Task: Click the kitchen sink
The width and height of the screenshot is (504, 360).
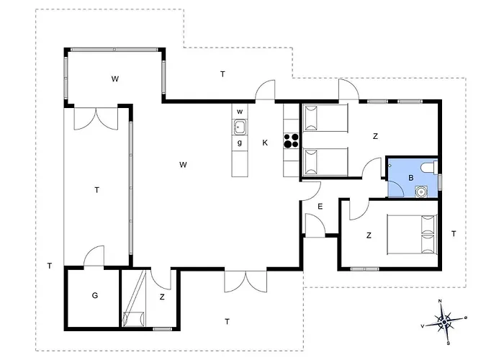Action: pos(240,127)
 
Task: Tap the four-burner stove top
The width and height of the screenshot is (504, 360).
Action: pos(291,141)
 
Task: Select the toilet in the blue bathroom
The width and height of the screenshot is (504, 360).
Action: pos(429,167)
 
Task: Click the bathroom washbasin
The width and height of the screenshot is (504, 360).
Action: pos(421,192)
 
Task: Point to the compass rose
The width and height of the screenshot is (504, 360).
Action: pos(444,322)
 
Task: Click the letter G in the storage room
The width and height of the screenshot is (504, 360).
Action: pos(95,295)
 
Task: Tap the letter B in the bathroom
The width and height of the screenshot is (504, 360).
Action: pos(411,178)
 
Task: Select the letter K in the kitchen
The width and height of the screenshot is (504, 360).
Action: pos(265,143)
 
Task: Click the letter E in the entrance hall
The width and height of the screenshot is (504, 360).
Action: pos(320,207)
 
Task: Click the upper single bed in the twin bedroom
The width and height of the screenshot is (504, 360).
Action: pos(325,117)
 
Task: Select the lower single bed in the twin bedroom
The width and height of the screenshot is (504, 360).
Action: pos(325,162)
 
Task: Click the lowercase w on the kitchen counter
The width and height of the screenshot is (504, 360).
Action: pos(240,112)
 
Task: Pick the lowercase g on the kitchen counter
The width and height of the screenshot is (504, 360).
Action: pos(240,143)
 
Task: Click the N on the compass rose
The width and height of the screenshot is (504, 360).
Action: pos(440,301)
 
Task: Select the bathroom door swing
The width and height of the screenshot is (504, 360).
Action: pos(396,189)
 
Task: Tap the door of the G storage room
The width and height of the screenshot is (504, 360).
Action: pos(94,256)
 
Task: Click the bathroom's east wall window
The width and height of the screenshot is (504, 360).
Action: pos(440,182)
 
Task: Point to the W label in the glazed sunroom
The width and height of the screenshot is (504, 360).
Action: pos(115,79)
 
